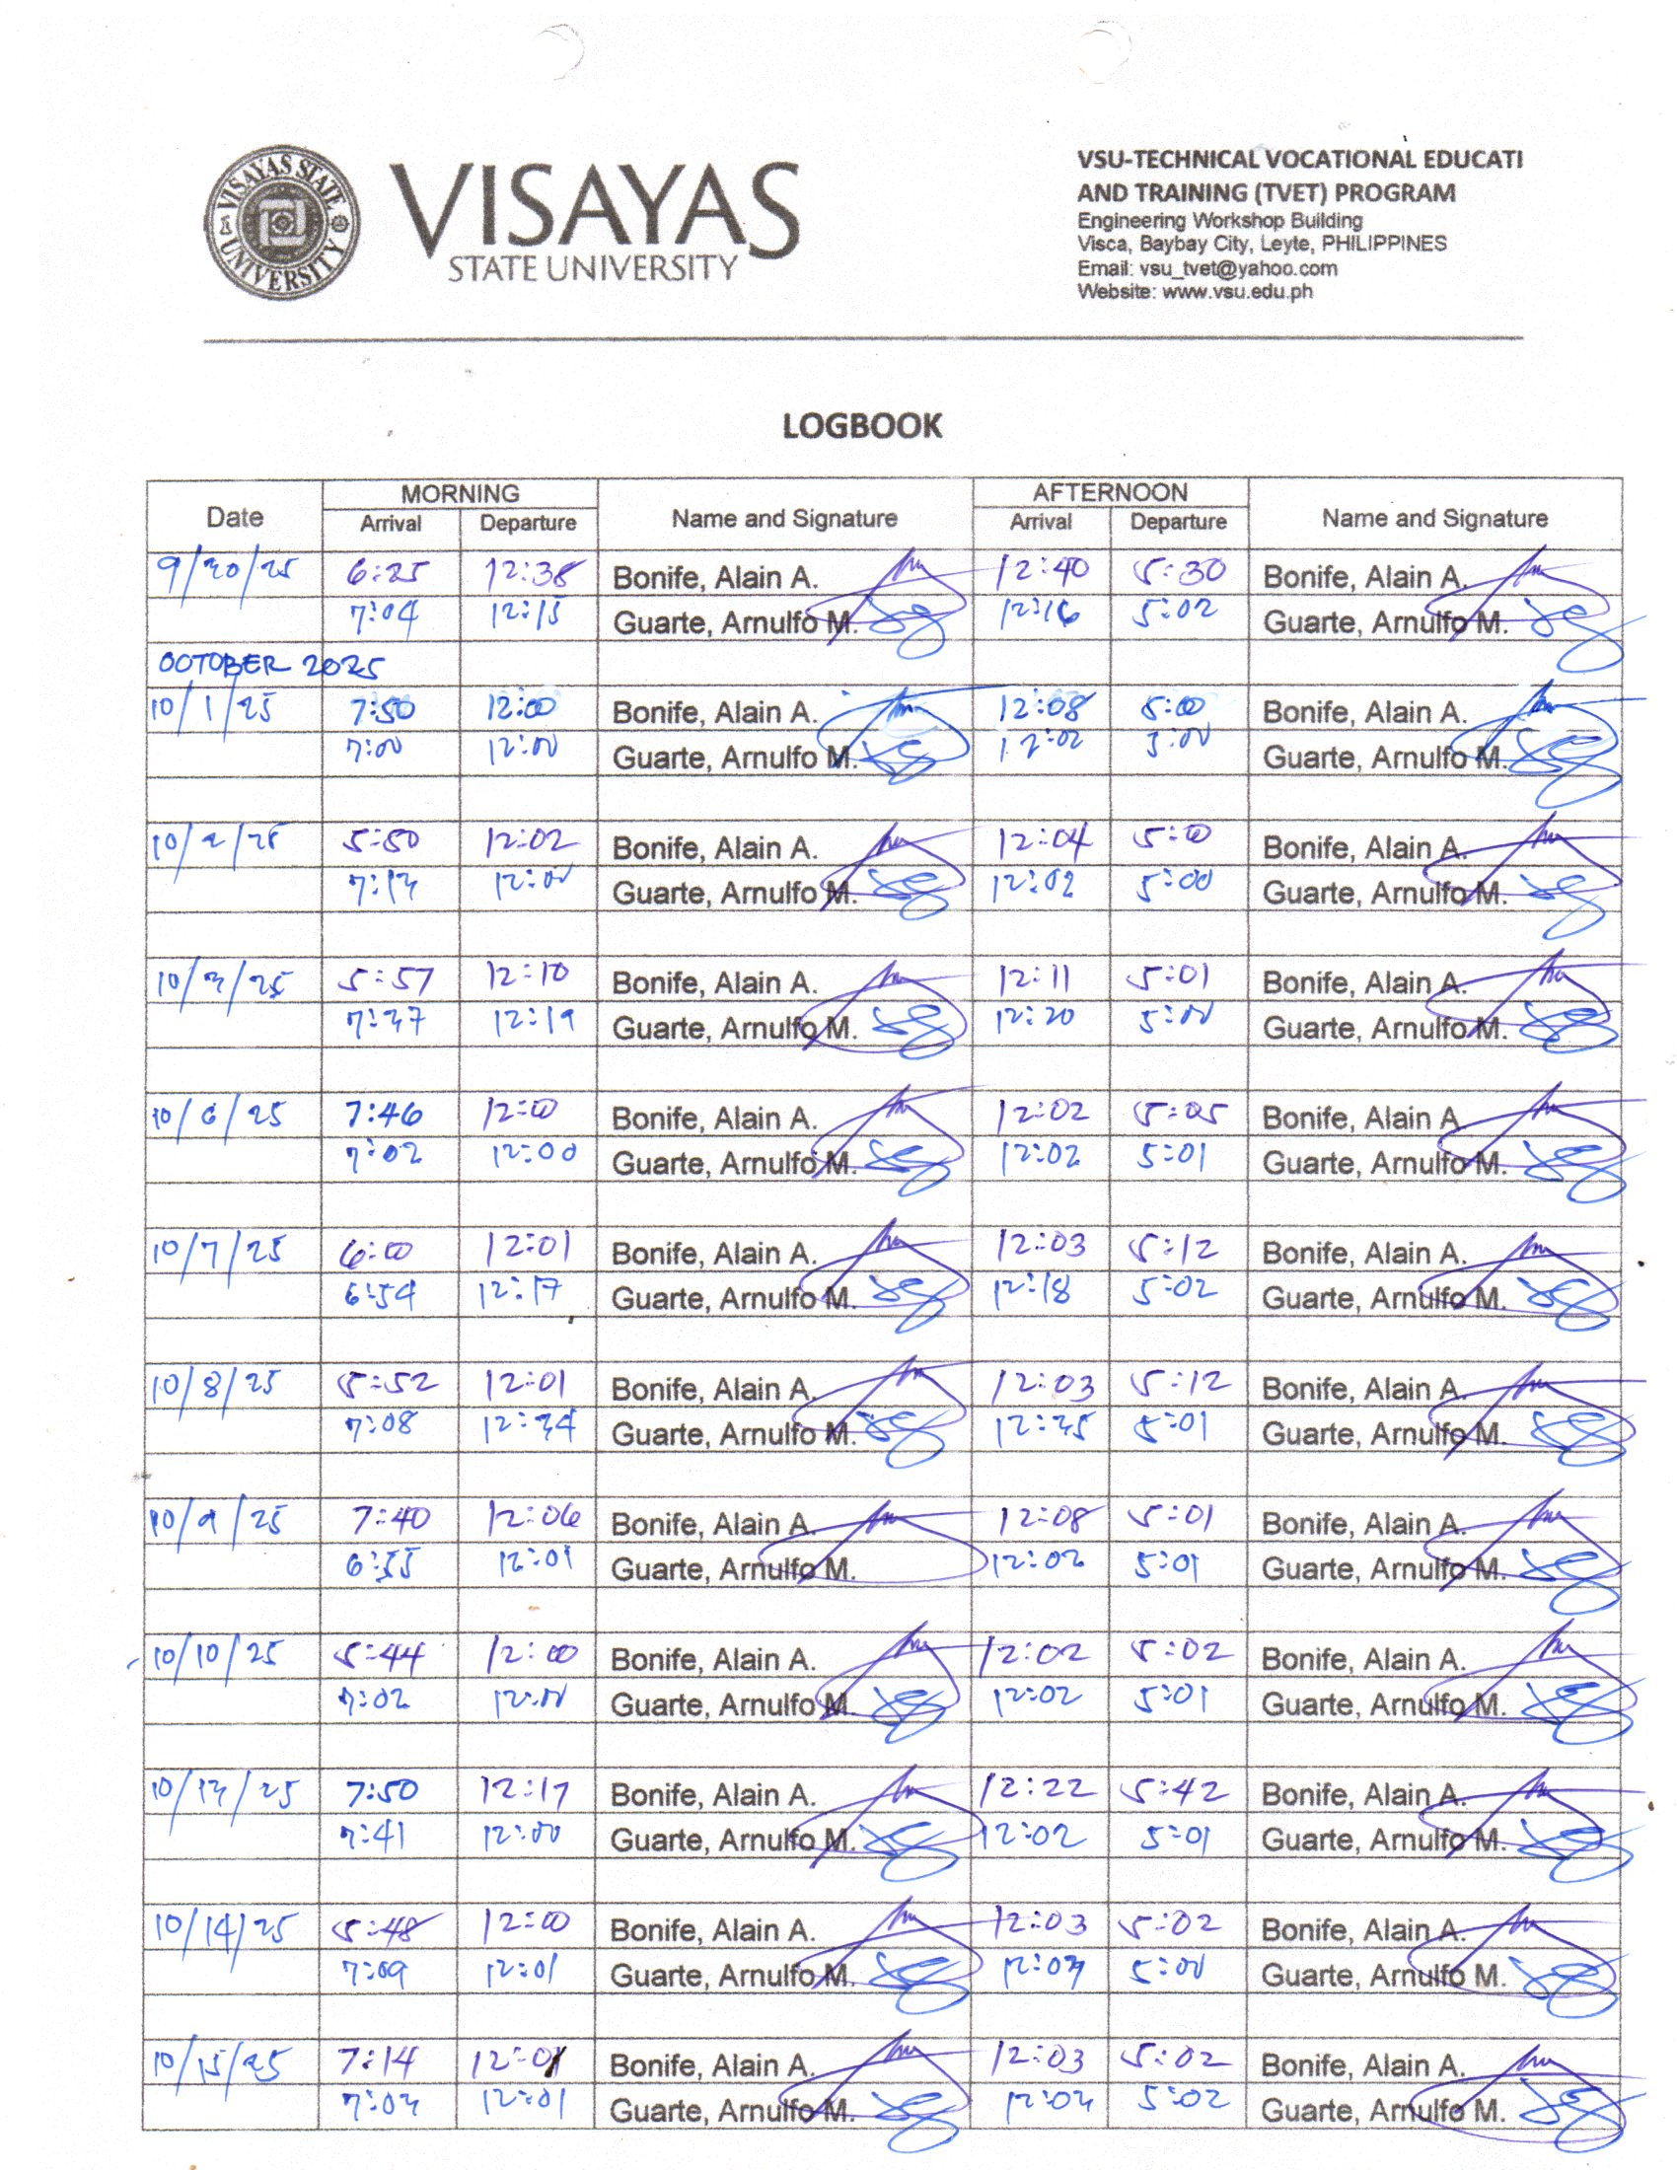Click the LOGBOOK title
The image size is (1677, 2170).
(861, 426)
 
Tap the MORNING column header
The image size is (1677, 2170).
(460, 493)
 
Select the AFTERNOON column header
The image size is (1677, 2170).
(1110, 493)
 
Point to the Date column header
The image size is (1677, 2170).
(235, 517)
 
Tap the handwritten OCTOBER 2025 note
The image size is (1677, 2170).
(269, 664)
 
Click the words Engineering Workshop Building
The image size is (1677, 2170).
(1219, 220)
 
